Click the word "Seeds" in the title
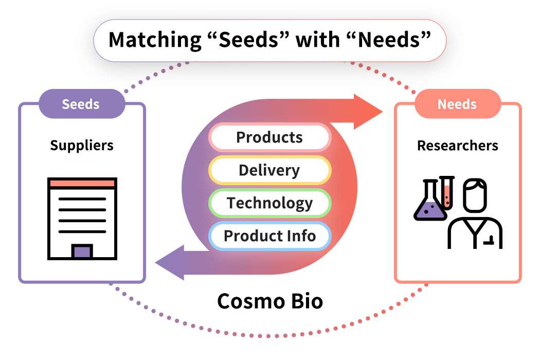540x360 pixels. (x=252, y=40)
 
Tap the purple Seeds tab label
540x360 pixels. (x=81, y=104)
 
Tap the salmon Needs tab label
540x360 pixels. (x=457, y=104)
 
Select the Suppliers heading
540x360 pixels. (x=82, y=146)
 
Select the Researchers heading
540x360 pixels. (x=457, y=146)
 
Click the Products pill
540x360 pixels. (x=269, y=137)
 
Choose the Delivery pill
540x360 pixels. (x=269, y=170)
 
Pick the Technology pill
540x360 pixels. (x=269, y=203)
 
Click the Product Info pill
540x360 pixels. (x=269, y=236)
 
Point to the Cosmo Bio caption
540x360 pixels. (x=270, y=301)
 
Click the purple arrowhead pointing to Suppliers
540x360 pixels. (x=170, y=262)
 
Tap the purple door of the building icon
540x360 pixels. (x=82, y=251)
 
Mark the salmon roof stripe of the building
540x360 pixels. (x=82, y=184)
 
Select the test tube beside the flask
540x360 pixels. (x=447, y=193)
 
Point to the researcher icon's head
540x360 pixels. (x=475, y=194)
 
